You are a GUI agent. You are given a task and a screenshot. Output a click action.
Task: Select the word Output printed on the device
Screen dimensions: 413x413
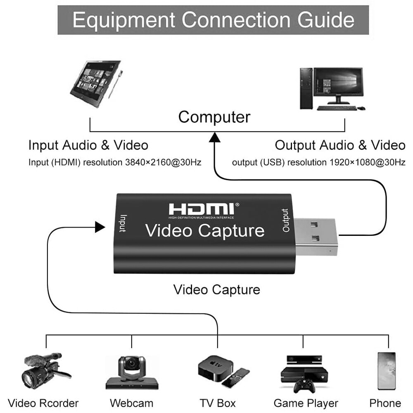(x=285, y=221)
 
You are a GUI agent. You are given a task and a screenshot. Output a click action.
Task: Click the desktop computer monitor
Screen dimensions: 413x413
(x=338, y=86)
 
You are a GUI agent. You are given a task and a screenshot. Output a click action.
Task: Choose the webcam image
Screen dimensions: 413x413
(x=132, y=371)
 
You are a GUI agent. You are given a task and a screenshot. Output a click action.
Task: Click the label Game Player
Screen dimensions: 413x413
(x=306, y=403)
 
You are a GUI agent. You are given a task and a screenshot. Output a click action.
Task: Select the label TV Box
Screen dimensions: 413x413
(x=218, y=403)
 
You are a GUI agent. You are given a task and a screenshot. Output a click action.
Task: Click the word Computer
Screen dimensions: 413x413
(x=214, y=117)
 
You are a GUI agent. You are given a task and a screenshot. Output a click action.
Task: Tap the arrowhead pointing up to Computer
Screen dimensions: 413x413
(x=214, y=137)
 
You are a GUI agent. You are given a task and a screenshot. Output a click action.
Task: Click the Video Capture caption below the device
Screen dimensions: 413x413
(x=217, y=289)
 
